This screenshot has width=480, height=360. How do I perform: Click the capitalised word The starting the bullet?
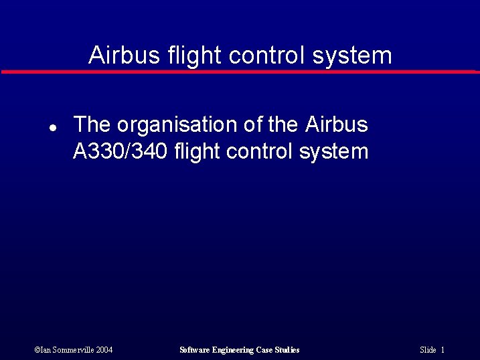point(92,124)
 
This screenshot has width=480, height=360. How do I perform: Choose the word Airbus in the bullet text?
point(336,124)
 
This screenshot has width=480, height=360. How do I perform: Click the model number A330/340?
point(120,151)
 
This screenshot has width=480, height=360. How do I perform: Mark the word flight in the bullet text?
point(197,151)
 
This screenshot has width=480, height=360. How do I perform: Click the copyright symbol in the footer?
point(37,350)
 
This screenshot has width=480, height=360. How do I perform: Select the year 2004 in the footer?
point(104,350)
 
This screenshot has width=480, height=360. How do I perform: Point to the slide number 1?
point(443,350)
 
